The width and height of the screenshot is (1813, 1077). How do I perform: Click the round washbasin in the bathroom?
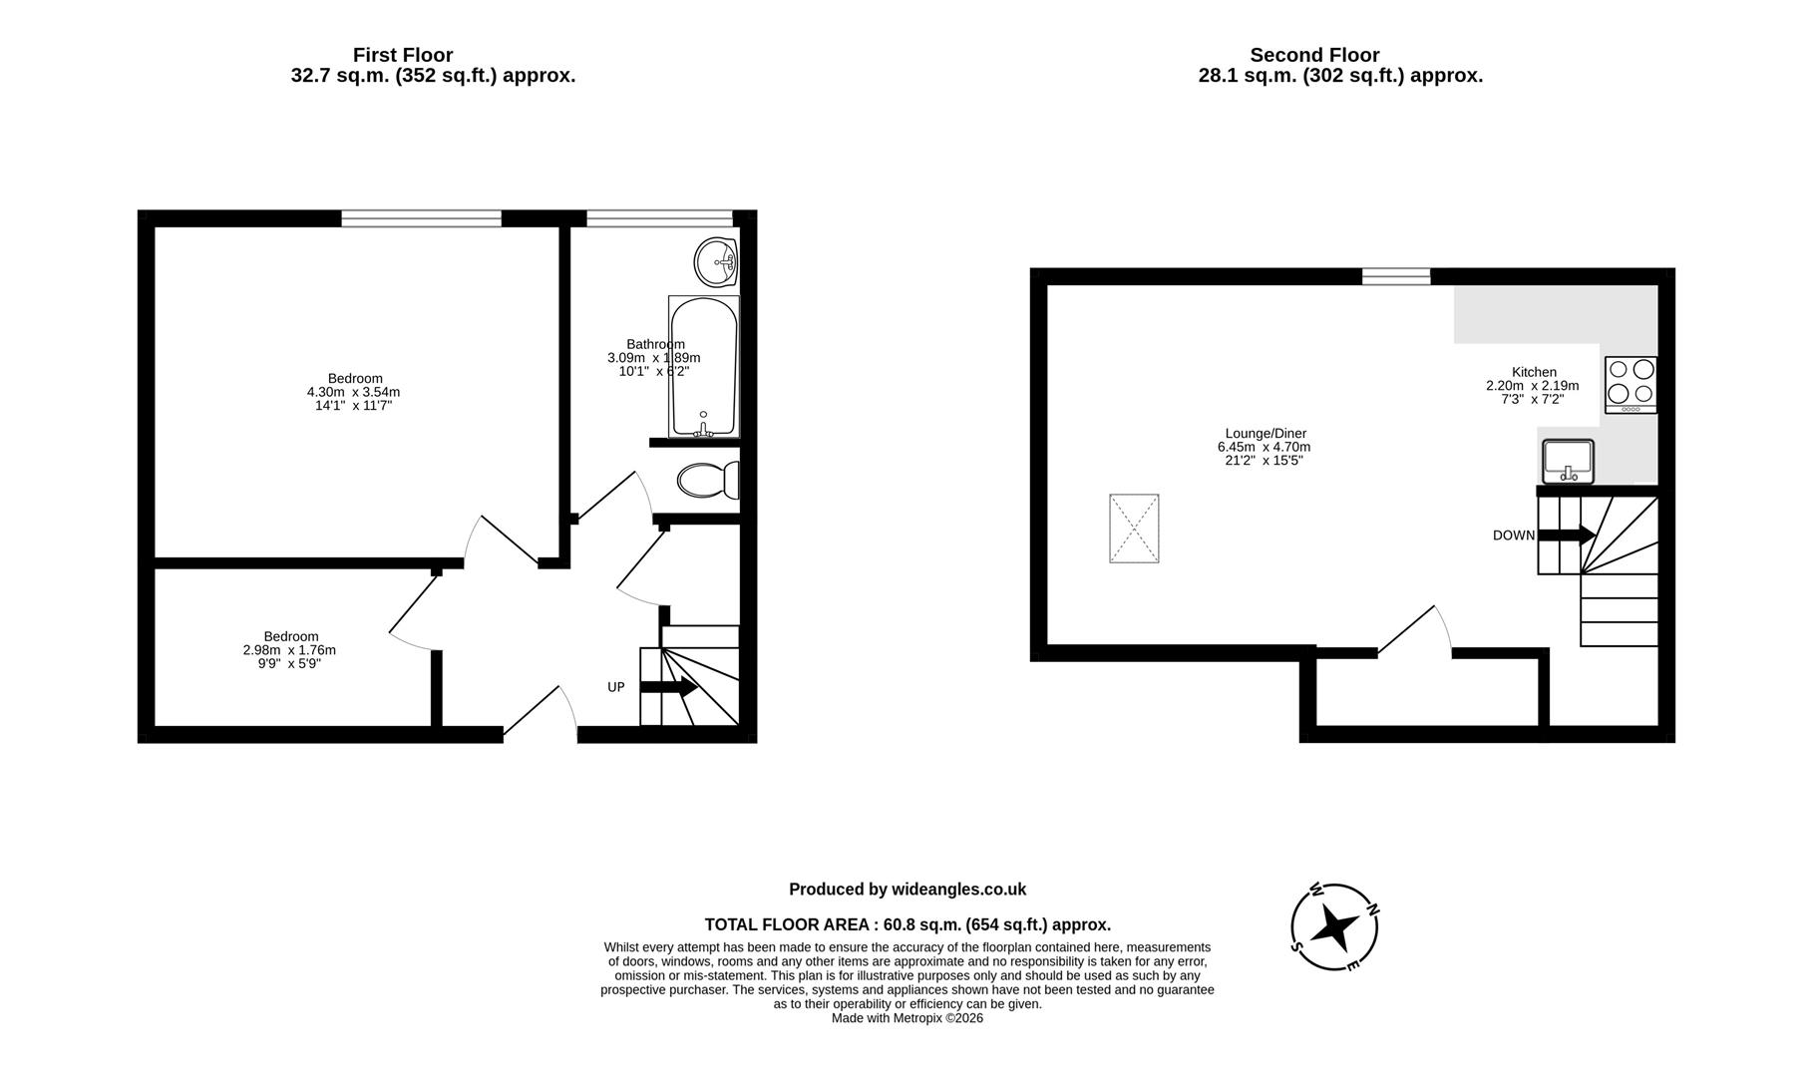click(x=715, y=262)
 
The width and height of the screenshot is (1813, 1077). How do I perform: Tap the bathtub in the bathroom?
click(x=704, y=366)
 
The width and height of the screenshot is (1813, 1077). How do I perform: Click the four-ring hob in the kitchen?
click(x=1631, y=385)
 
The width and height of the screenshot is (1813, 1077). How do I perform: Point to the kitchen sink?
click(x=1568, y=462)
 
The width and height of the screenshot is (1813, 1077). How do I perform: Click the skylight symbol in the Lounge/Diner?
click(x=1134, y=529)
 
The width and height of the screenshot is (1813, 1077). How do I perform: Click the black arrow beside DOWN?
click(x=1567, y=536)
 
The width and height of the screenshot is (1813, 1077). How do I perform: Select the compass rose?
click(x=1334, y=927)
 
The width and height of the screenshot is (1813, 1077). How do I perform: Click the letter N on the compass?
click(x=1372, y=908)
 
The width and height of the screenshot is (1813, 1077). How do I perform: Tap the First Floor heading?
click(x=403, y=55)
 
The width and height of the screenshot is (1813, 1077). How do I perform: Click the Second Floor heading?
click(x=1314, y=55)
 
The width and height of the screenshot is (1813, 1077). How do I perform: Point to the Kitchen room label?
click(x=1534, y=372)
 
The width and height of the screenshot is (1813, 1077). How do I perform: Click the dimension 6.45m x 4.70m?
click(x=1264, y=447)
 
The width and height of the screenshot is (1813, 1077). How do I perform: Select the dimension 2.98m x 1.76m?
click(x=289, y=650)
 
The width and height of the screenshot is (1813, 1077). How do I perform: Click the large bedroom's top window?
click(x=421, y=218)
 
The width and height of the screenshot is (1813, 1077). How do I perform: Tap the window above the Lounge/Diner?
click(x=1396, y=276)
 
